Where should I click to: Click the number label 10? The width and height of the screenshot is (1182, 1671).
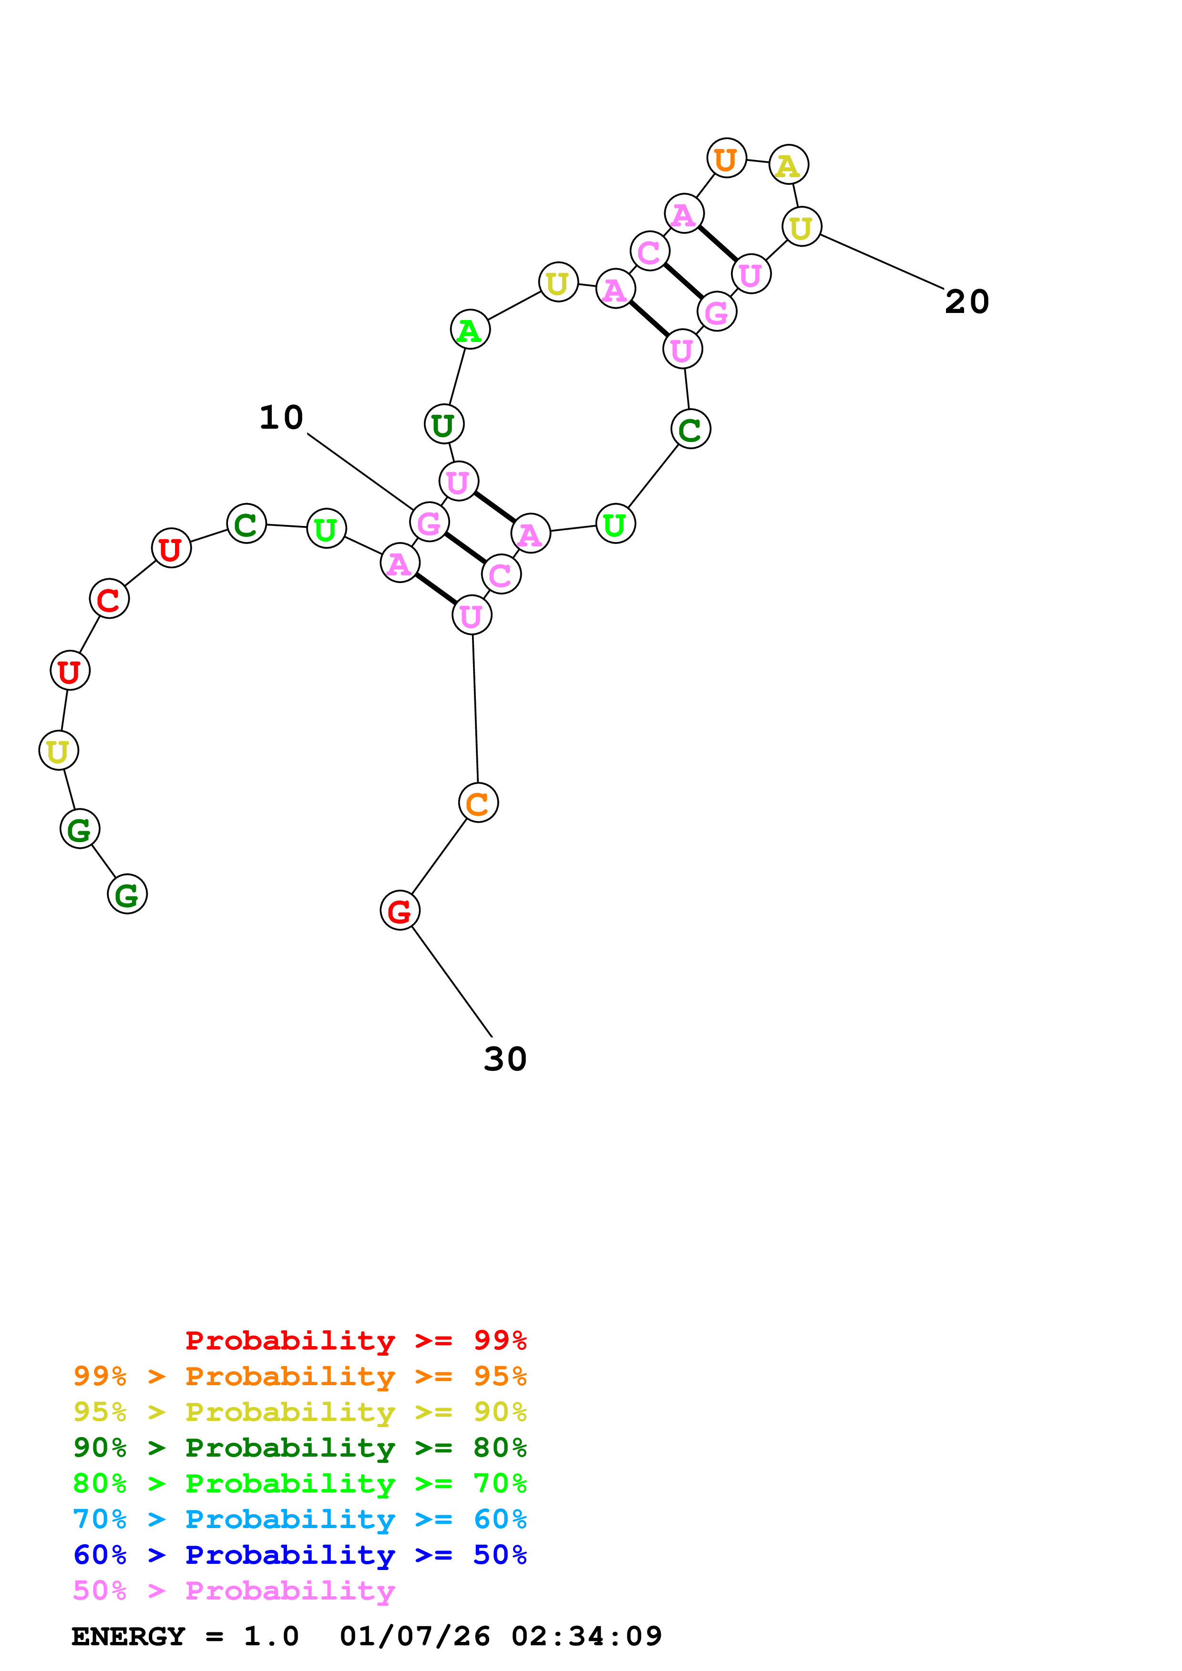pyautogui.click(x=281, y=418)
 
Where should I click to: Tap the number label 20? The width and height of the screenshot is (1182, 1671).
pyautogui.click(x=966, y=302)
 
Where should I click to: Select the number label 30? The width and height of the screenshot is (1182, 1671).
pyautogui.click(x=505, y=1059)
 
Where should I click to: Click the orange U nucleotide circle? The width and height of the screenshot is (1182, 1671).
pyautogui.click(x=726, y=158)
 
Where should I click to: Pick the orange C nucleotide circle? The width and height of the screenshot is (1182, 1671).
pyautogui.click(x=478, y=803)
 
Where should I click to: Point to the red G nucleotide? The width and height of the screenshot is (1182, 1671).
pyautogui.click(x=400, y=910)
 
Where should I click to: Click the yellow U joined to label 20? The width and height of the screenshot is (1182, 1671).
pyautogui.click(x=801, y=227)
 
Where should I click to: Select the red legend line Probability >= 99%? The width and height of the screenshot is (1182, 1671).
pyautogui.click(x=355, y=1340)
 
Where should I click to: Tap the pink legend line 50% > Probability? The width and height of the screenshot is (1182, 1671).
pyautogui.click(x=234, y=1591)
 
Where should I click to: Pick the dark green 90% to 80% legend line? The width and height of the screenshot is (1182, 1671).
pyautogui.click(x=299, y=1448)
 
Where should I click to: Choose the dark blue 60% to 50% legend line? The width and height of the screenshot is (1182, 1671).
pyautogui.click(x=299, y=1555)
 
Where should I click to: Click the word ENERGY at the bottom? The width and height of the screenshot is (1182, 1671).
pyautogui.click(x=128, y=1637)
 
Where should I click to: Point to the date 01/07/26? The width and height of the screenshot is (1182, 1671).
pyautogui.click(x=414, y=1637)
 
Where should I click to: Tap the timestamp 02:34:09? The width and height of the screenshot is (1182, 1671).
pyautogui.click(x=586, y=1637)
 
